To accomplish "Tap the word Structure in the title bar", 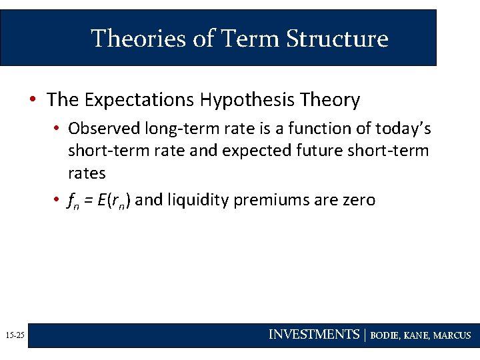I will click(x=337, y=39).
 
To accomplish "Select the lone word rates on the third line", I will click(x=87, y=173).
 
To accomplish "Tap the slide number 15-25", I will click(x=13, y=335).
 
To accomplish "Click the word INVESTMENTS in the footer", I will click(x=313, y=335).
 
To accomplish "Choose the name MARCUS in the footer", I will click(x=452, y=335).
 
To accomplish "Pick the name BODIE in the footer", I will click(x=386, y=335).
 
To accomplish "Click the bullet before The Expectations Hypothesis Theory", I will click(x=32, y=100).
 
